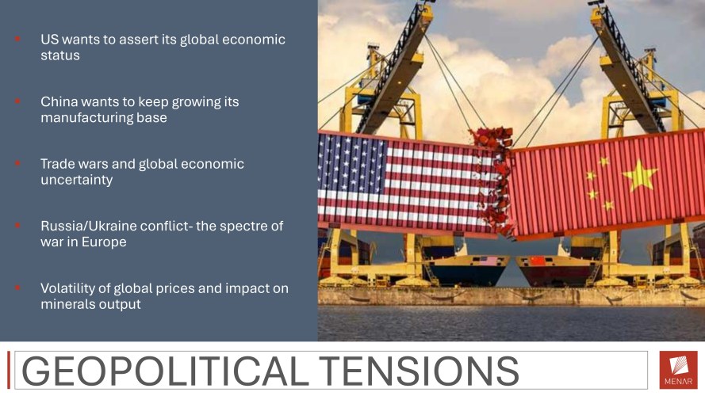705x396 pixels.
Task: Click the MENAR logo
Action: [679, 370]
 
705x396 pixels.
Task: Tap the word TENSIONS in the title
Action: [420, 371]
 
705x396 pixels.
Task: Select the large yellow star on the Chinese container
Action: [639, 175]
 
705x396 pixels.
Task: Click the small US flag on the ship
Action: [489, 261]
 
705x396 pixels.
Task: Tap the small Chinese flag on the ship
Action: [538, 261]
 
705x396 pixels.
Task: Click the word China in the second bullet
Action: [56, 101]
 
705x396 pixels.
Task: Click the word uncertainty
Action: [76, 180]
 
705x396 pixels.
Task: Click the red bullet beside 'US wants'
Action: [17, 39]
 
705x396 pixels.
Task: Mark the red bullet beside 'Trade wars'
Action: [17, 163]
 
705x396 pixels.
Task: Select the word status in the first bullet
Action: [60, 55]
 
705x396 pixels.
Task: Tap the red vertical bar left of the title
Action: [9, 370]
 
